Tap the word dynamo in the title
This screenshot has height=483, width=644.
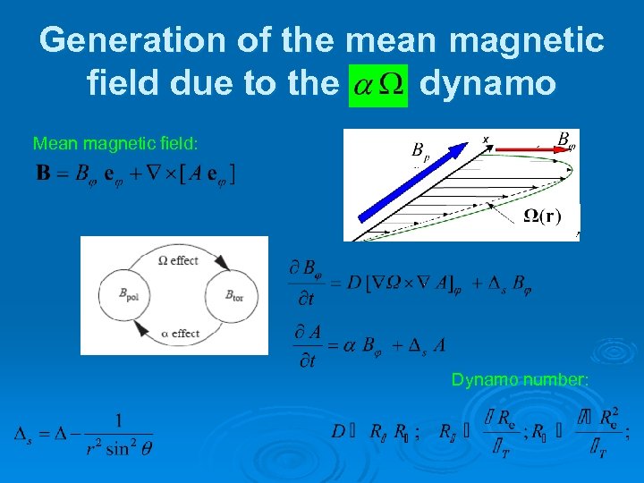click(x=487, y=84)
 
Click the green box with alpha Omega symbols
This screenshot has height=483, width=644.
click(x=377, y=84)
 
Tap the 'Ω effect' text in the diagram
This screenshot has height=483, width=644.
click(x=177, y=260)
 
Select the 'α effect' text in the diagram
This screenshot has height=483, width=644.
click(x=180, y=333)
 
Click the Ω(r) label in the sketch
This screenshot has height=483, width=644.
click(x=541, y=216)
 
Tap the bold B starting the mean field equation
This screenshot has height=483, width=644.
click(x=42, y=173)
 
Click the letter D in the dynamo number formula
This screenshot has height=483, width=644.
click(x=338, y=432)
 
